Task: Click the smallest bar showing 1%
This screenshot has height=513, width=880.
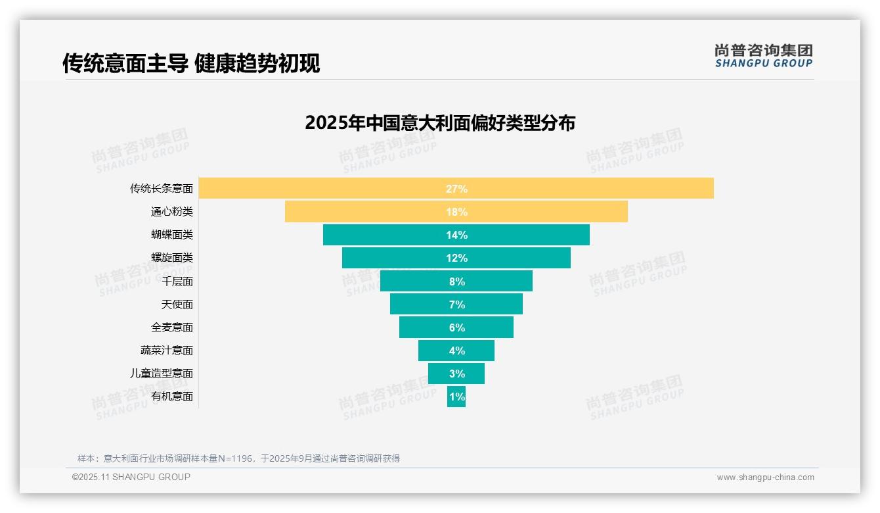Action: tap(456, 397)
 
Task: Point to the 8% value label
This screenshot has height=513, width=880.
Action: tap(456, 281)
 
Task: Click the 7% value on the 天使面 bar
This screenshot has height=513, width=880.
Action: tap(456, 305)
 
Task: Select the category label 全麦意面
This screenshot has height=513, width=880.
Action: tap(172, 327)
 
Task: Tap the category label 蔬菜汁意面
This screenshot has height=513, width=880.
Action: tap(167, 350)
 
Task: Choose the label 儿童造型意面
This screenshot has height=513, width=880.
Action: tap(162, 373)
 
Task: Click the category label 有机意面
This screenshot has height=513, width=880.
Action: tap(172, 397)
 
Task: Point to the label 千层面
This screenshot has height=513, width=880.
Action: tap(177, 281)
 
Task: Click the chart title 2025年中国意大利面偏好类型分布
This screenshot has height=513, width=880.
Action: tap(440, 123)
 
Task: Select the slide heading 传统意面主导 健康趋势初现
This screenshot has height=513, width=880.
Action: tap(191, 64)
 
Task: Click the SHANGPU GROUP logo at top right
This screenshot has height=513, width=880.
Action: tap(764, 56)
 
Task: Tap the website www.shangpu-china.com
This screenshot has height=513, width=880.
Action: tap(765, 477)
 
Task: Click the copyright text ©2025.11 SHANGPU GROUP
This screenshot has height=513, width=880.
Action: tap(131, 477)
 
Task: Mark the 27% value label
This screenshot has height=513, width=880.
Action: tap(456, 189)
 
